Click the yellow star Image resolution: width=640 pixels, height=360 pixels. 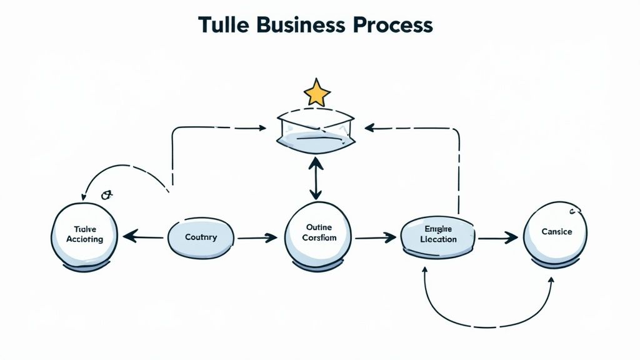[317, 92]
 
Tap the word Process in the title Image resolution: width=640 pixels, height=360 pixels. [392, 24]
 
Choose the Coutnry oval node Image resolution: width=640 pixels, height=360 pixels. [201, 237]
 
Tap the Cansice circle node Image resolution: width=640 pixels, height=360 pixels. [556, 232]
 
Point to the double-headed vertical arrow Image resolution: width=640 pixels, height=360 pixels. [316, 179]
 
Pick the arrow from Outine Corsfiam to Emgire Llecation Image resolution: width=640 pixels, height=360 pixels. [375, 237]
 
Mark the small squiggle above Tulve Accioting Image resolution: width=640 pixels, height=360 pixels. [106, 195]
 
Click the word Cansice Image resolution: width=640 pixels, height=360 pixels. [556, 232]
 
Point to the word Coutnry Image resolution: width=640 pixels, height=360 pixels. [201, 237]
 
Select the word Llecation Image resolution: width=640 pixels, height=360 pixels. [438, 239]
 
